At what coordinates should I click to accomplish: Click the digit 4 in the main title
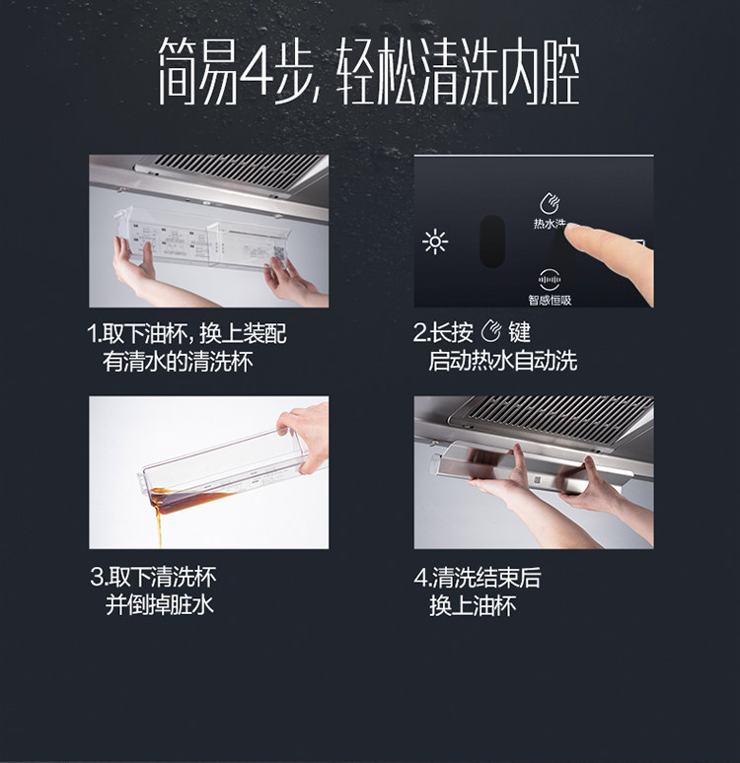[256, 71]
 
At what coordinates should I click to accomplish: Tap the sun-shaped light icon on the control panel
[435, 242]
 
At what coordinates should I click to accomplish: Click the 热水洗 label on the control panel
[549, 224]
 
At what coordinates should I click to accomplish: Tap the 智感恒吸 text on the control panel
[550, 301]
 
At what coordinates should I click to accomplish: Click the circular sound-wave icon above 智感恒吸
[549, 280]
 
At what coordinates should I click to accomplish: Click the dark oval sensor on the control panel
[492, 242]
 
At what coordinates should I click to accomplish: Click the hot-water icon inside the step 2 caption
[491, 332]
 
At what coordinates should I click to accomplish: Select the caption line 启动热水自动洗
[503, 361]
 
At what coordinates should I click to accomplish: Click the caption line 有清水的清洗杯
[178, 362]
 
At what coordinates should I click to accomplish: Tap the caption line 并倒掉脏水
[160, 605]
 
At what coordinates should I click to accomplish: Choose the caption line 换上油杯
[473, 606]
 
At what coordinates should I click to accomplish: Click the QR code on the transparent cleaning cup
[278, 253]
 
